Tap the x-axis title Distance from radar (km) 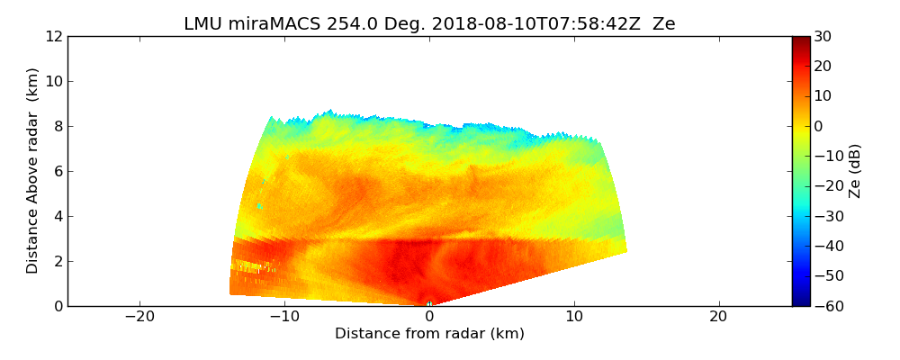click(429, 334)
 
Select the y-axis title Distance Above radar click(33, 171)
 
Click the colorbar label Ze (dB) click(855, 171)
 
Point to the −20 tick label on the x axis click(139, 317)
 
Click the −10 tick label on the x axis click(284, 317)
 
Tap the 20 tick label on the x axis click(718, 317)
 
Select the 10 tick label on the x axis click(574, 317)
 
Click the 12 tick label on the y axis click(54, 37)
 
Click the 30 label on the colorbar click(823, 37)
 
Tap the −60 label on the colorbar click(827, 306)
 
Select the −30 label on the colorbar click(827, 216)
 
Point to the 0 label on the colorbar click(819, 126)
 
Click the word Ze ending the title click(664, 24)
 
